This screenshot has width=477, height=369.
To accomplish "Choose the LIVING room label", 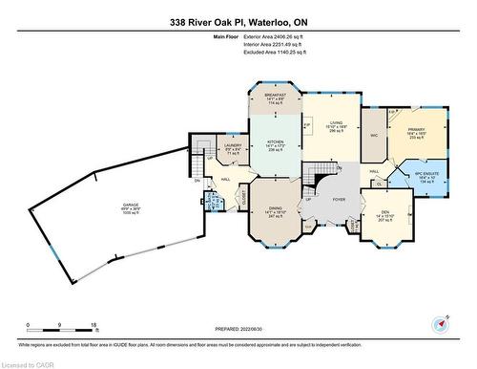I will (x=335, y=122).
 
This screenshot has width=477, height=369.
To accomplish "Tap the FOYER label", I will (x=338, y=200).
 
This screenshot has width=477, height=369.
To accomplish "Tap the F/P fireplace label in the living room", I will (x=307, y=125).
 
